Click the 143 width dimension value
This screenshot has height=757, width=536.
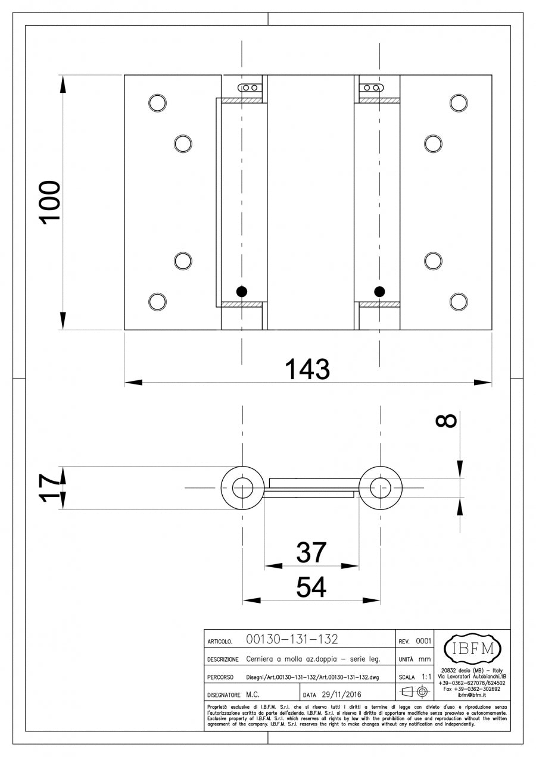tap(307, 369)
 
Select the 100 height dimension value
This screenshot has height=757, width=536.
tap(50, 202)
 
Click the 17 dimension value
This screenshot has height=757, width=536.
tap(49, 488)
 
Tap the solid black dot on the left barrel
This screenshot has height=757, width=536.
tap(241, 291)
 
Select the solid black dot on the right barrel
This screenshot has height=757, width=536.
tap(380, 291)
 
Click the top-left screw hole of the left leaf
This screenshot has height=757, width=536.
tap(157, 102)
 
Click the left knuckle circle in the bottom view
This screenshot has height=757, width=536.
tap(242, 488)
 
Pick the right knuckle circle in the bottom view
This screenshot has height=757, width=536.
tap(381, 488)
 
